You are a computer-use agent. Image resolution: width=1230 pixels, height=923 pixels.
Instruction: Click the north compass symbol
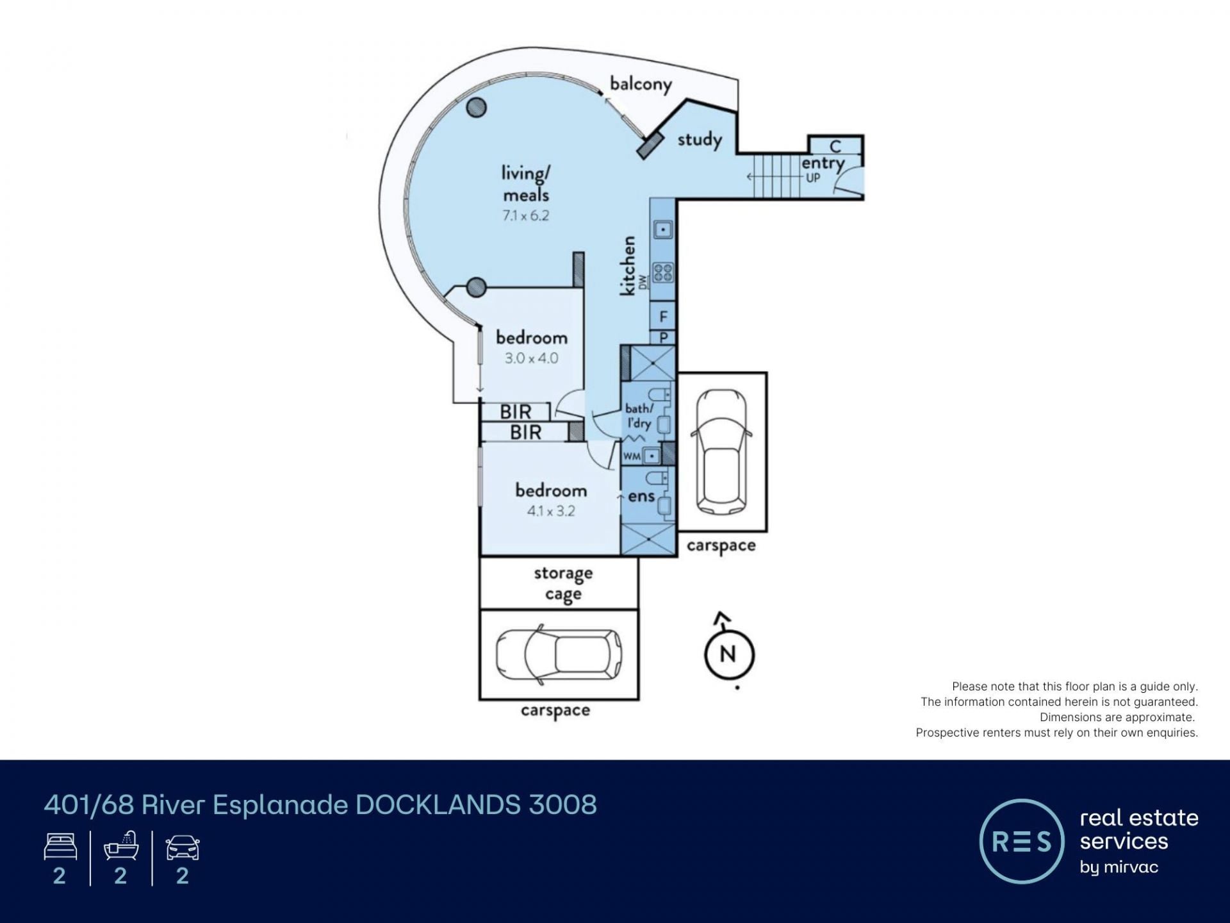[729, 654]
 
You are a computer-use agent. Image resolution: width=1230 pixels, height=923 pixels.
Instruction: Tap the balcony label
[641, 84]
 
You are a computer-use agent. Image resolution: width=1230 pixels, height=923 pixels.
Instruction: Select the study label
[700, 139]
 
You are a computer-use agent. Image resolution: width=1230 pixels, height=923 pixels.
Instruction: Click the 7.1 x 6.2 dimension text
[525, 215]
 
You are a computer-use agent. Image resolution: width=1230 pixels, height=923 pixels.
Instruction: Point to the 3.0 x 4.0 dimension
[531, 358]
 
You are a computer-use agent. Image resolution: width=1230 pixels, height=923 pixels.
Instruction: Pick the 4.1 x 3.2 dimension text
[550, 511]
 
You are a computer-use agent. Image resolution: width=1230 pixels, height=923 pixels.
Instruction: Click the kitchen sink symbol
[663, 229]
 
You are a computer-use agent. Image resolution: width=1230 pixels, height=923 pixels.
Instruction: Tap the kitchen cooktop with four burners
[663, 273]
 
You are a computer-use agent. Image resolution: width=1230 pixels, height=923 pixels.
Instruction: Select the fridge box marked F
[663, 316]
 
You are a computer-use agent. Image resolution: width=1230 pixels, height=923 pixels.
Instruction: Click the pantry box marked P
[663, 338]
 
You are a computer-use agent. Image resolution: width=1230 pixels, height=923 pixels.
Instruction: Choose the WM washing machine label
[632, 456]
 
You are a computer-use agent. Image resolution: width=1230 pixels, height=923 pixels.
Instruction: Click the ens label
[641, 496]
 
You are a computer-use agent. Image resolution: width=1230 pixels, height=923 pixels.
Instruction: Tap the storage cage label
[563, 583]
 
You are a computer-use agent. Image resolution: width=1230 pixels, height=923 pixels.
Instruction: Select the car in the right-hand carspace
[721, 452]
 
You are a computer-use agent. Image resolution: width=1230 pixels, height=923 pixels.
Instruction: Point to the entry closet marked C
[835, 146]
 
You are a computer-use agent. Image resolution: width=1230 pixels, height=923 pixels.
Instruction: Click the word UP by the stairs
[813, 178]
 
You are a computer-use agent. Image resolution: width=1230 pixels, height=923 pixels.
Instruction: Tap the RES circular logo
[1022, 841]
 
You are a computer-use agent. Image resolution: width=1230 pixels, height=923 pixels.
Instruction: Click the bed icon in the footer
[60, 847]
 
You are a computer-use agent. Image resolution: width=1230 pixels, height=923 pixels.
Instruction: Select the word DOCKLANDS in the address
[438, 805]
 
